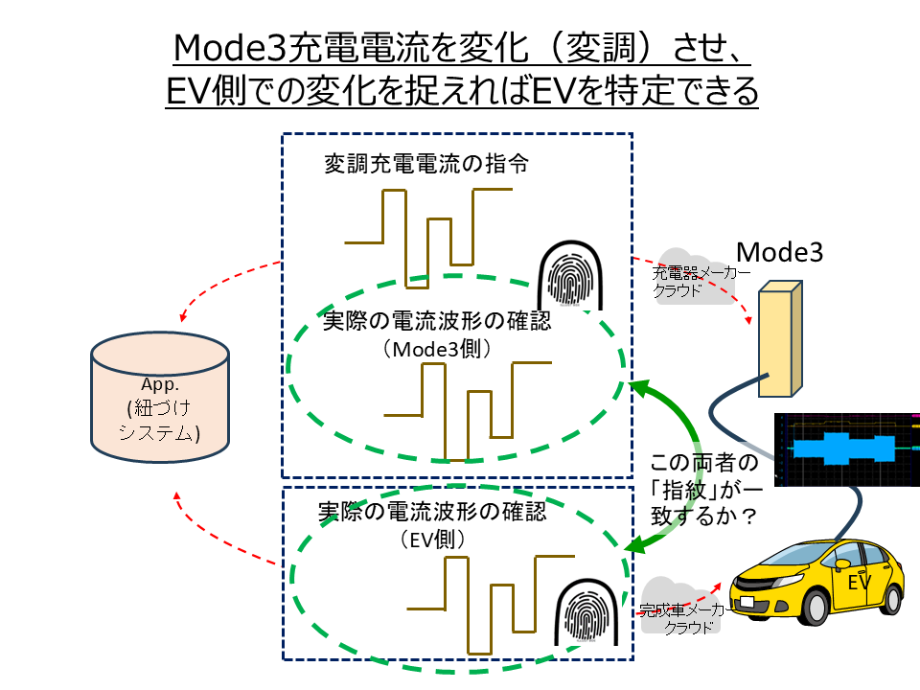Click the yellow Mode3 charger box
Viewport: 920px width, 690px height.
tap(780, 339)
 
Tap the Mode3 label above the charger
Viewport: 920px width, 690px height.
tap(780, 252)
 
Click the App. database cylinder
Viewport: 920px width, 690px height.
tap(160, 397)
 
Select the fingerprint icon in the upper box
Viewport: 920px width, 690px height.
tap(570, 275)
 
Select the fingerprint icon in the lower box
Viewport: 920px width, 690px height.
tap(586, 612)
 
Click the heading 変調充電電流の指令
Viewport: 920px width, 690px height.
tap(426, 164)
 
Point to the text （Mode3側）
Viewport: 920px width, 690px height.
tap(437, 349)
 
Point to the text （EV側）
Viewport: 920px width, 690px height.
tap(433, 540)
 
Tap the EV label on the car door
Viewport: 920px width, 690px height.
tap(860, 582)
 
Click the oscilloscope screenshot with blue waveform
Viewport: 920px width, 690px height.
tap(847, 449)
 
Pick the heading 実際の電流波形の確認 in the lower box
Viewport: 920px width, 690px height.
tap(432, 512)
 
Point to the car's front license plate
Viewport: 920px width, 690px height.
tap(747, 602)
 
